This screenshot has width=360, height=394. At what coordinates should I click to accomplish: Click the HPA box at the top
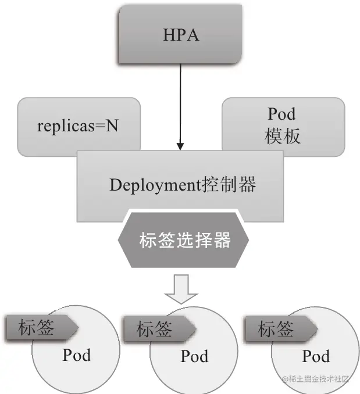[180, 35]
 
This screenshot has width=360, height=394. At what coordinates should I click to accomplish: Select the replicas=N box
[79, 126]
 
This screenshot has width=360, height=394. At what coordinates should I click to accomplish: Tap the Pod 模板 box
[283, 126]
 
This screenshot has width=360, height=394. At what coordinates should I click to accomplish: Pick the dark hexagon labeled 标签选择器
[184, 239]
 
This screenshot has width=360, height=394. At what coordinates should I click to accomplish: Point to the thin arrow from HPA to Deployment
[180, 105]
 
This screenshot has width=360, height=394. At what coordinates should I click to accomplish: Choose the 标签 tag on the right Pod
[278, 329]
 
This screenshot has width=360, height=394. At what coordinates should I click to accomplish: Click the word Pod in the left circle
[76, 354]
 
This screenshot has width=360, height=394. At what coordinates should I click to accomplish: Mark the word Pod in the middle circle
[194, 356]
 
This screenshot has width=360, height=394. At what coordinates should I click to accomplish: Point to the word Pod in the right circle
[315, 356]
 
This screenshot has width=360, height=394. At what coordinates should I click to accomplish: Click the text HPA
[180, 35]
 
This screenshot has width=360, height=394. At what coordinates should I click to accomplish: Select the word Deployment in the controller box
[155, 185]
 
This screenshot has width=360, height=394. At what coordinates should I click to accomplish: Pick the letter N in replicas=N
[112, 126]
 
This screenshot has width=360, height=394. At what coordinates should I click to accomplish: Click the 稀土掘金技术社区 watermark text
[318, 379]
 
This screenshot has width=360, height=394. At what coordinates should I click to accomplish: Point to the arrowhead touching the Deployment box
[180, 145]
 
